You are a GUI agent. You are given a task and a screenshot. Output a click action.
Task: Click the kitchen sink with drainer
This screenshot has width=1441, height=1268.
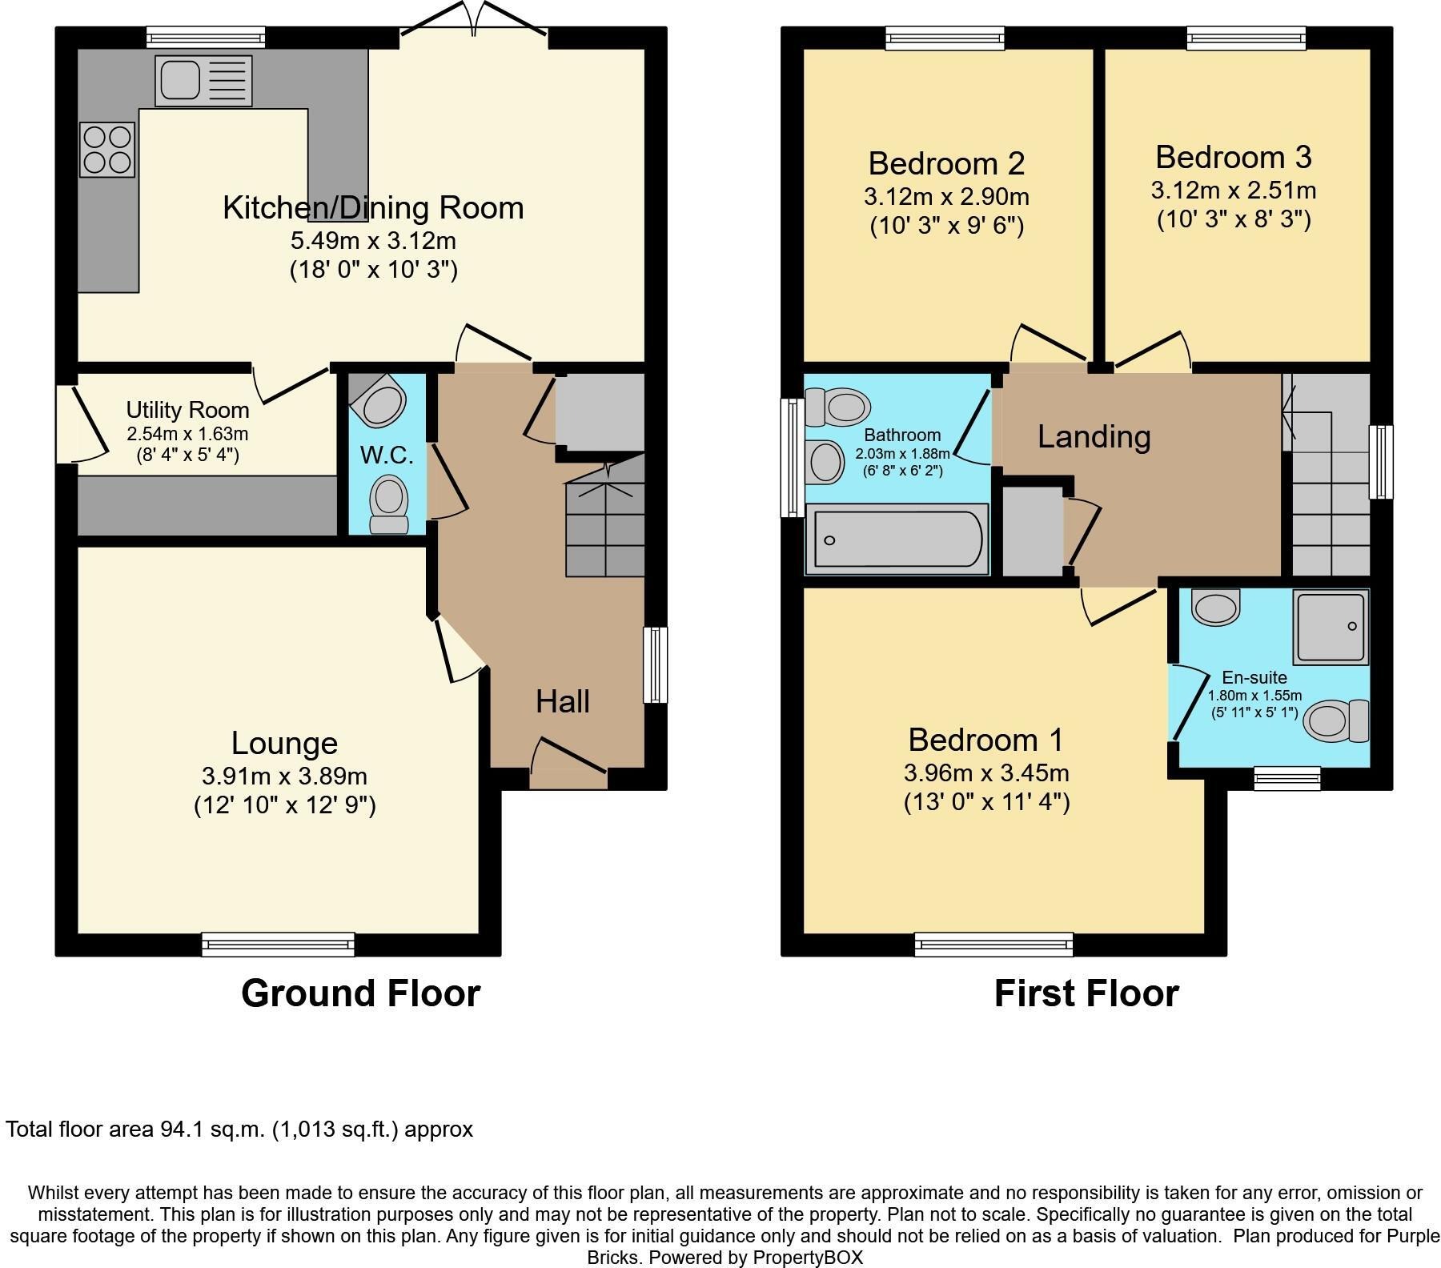pos(203,80)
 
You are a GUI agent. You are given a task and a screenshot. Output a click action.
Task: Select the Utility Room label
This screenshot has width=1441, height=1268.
pos(187,410)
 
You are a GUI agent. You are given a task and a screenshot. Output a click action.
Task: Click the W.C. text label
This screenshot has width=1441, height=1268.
pos(387,455)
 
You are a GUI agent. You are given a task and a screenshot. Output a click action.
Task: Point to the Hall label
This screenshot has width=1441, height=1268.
pos(562,701)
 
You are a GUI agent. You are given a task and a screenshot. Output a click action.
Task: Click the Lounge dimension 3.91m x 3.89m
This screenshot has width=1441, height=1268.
pos(284,776)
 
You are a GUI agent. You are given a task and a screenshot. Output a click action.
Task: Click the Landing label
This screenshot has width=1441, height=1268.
pos(1094,436)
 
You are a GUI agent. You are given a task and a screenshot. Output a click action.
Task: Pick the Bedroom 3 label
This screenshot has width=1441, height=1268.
pos(1233,157)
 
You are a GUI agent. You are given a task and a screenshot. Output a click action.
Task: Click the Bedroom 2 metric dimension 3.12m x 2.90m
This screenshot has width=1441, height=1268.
pos(946,196)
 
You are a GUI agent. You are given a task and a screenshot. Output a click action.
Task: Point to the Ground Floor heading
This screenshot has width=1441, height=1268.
pos(360,993)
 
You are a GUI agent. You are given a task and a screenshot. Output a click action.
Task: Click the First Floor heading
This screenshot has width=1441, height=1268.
pos(1086,993)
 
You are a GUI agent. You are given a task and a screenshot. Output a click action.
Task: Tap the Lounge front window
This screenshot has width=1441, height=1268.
pos(277,945)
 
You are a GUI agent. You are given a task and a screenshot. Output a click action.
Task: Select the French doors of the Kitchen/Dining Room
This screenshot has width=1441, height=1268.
pos(474,24)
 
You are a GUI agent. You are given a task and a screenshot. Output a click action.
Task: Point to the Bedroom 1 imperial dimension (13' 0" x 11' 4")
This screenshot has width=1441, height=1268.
pos(986,802)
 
